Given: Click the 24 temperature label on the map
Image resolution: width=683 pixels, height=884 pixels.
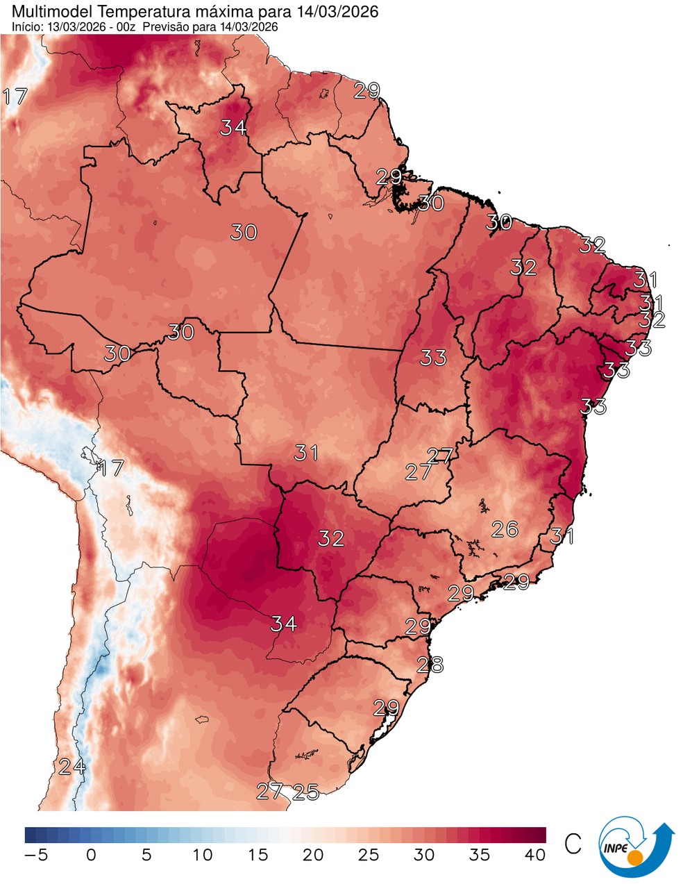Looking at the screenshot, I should [72, 767].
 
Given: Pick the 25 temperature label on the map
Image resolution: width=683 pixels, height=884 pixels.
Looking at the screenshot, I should [305, 791].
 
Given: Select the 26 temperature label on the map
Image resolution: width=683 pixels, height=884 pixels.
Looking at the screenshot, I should [505, 529].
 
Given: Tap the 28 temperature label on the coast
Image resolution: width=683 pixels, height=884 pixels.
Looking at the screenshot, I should [430, 665].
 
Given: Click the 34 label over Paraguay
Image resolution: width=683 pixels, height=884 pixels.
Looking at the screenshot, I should [283, 624].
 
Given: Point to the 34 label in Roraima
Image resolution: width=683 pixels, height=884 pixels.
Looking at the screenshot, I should [234, 128].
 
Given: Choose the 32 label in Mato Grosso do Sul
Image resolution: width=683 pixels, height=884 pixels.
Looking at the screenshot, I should [331, 537].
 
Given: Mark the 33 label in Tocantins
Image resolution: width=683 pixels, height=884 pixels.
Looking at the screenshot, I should [433, 358].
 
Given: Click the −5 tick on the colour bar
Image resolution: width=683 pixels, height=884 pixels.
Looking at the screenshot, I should [35, 855].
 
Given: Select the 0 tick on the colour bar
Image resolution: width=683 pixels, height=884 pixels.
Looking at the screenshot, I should [91, 855].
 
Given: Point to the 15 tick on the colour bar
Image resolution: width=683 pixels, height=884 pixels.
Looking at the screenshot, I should [258, 855].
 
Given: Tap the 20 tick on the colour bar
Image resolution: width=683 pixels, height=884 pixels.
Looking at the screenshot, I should [313, 855].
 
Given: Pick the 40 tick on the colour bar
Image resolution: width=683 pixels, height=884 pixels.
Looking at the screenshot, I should [535, 855].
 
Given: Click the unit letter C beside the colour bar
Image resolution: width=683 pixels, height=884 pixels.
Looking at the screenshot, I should [573, 843].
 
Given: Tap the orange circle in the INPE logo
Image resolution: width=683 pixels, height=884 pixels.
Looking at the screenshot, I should [635, 858].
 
